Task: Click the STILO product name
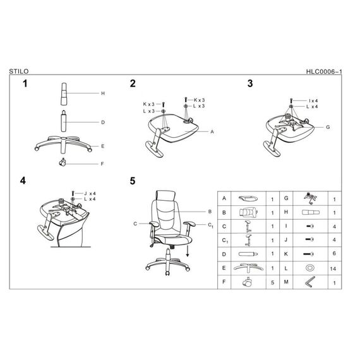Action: tap(19, 71)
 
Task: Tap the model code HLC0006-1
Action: tap(324, 71)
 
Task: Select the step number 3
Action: tap(250, 83)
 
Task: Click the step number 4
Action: tap(23, 181)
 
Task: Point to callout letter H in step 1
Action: tap(103, 93)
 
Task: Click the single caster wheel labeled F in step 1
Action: tap(63, 162)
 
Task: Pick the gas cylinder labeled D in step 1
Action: tap(63, 121)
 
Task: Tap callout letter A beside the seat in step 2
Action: tap(212, 131)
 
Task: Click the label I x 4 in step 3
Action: tap(313, 100)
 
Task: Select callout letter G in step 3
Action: tap(328, 127)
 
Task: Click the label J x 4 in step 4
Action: tap(90, 193)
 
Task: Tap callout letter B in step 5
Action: tap(210, 212)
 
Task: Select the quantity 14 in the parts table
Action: tap(333, 268)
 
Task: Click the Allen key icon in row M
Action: tap(309, 282)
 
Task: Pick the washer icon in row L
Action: tap(310, 268)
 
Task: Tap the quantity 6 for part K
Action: tap(334, 253)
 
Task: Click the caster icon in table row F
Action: tap(247, 282)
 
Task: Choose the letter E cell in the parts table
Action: tap(224, 268)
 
